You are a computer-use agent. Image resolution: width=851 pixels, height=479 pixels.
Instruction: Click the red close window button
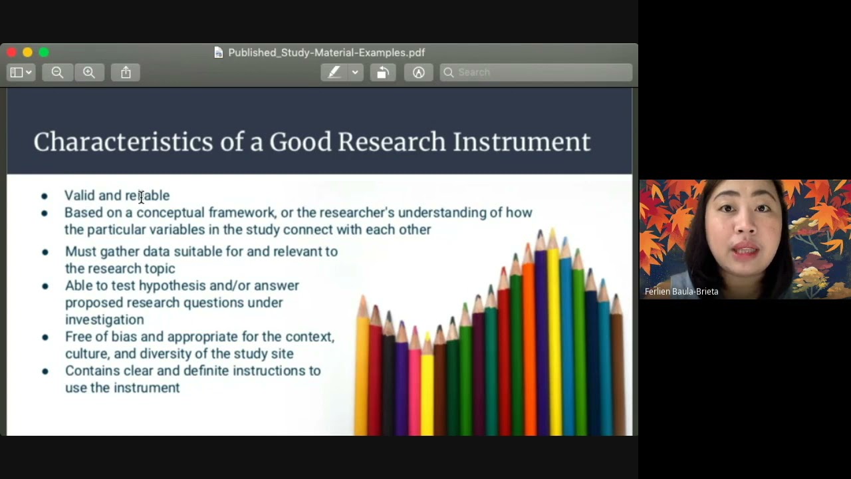click(x=12, y=52)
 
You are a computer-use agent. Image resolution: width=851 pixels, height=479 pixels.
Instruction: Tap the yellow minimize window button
click(x=28, y=52)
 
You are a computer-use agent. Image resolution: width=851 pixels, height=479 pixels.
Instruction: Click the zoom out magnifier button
click(x=57, y=73)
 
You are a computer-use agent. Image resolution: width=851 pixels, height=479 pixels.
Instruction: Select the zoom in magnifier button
click(x=89, y=73)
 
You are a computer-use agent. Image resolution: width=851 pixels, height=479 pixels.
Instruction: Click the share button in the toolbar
click(x=126, y=73)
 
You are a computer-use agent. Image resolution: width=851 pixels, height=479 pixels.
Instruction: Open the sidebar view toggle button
click(x=21, y=73)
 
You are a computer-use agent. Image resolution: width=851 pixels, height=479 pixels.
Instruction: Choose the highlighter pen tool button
click(x=334, y=73)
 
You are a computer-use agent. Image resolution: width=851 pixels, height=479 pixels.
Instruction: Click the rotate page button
click(x=383, y=73)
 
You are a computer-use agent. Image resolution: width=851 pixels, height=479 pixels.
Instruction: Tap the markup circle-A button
click(x=418, y=73)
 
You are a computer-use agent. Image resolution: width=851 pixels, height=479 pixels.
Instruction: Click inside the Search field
click(x=536, y=73)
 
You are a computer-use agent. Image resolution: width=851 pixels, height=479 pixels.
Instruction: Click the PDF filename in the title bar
click(x=326, y=53)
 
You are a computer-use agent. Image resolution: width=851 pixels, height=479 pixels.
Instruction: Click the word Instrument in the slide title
click(x=522, y=142)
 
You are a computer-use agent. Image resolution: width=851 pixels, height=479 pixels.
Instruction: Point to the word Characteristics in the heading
click(x=123, y=142)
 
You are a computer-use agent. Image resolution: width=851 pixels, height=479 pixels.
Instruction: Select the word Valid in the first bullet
click(x=79, y=196)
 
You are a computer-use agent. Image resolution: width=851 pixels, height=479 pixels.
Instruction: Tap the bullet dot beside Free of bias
click(x=45, y=337)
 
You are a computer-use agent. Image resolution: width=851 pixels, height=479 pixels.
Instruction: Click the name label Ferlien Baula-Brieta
click(x=681, y=291)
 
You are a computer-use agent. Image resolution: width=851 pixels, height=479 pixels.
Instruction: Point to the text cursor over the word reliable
click(x=141, y=198)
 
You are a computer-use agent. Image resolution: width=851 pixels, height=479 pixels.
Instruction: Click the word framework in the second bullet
click(x=241, y=212)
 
